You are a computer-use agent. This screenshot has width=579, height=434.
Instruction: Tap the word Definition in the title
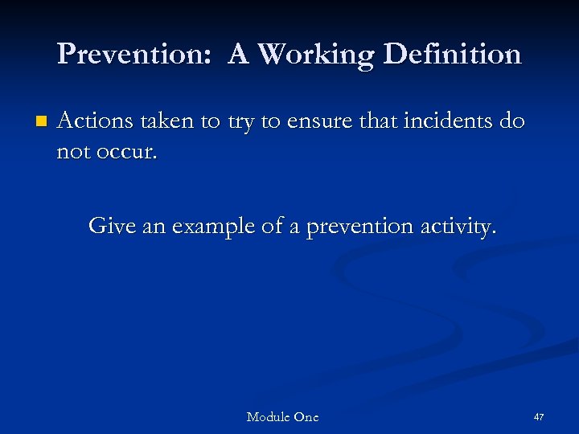tap(455, 55)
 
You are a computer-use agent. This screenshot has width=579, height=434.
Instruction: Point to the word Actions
tap(92, 121)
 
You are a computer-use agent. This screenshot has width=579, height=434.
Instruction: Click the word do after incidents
tap(514, 121)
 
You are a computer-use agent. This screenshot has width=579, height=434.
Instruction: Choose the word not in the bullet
tap(73, 152)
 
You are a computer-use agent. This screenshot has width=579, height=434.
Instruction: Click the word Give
tap(112, 226)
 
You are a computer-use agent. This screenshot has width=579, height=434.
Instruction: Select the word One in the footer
tap(306, 416)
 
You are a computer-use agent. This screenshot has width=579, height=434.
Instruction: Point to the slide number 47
tap(539, 417)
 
